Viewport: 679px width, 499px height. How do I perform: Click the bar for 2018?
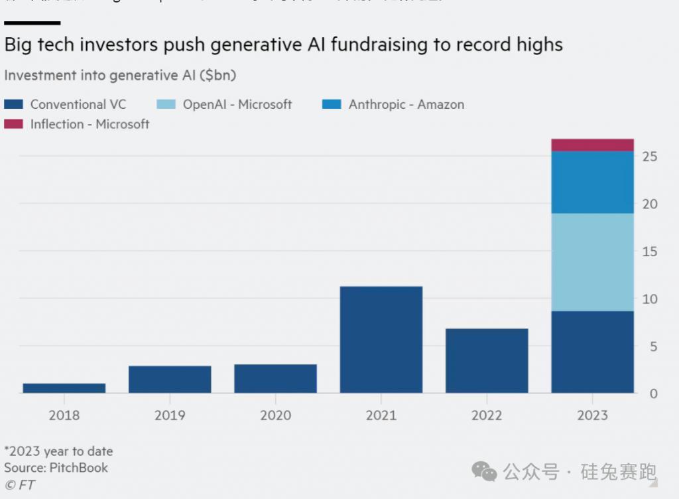point(64,388)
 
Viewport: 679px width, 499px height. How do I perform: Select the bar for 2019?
point(170,380)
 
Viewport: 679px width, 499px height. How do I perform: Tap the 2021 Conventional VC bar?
point(381,340)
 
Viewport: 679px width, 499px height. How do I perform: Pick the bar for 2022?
point(487,361)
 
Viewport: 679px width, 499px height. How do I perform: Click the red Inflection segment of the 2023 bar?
point(592,145)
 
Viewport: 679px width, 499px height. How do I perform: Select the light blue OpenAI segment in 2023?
point(592,262)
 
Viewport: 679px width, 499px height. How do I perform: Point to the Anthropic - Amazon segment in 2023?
point(592,182)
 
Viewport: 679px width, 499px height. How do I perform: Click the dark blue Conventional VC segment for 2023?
point(592,352)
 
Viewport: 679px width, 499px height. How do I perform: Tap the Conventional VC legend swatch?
point(13,104)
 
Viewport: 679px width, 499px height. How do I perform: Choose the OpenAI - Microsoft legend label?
point(237,104)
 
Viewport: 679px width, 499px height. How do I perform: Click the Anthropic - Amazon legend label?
point(406,104)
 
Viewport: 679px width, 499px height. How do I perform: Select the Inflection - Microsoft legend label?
point(90,124)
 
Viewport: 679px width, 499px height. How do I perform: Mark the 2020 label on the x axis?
point(275,415)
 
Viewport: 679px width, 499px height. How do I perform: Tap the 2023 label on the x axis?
point(592,415)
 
